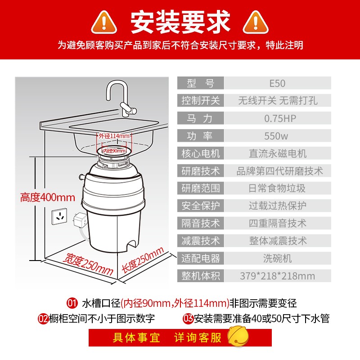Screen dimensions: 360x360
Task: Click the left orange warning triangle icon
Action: [104, 23]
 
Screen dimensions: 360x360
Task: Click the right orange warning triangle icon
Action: [256, 23]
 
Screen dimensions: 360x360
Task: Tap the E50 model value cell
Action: [278, 83]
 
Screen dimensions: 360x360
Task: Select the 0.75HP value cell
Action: [278, 118]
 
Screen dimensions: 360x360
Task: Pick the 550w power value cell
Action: [278, 136]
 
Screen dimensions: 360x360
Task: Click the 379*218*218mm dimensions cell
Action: [278, 276]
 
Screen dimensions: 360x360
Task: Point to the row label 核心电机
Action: [201, 153]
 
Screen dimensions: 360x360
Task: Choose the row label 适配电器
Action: [201, 258]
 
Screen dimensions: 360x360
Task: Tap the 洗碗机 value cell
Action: [278, 258]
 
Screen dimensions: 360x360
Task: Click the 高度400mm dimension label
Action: [48, 198]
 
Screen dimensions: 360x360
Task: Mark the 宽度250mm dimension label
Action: [88, 264]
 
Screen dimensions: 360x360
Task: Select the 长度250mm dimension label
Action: [143, 260]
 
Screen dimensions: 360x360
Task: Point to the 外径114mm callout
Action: [114, 136]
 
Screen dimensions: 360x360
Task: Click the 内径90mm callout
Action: [114, 151]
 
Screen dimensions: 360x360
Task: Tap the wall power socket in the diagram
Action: [59, 216]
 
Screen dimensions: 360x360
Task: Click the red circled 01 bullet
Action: [72, 303]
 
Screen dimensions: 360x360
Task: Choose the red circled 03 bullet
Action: [188, 319]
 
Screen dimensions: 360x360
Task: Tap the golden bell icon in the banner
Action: [238, 337]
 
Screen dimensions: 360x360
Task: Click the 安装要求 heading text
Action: [180, 22]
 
